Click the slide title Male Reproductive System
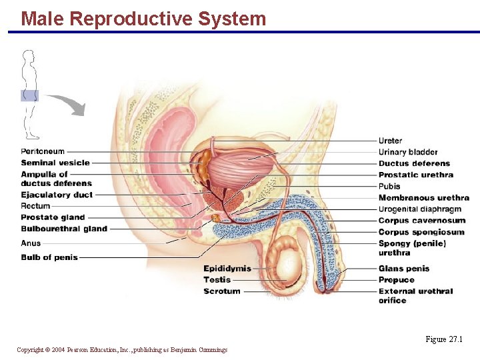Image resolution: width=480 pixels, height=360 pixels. [143, 19]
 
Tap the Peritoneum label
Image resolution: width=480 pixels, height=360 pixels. [43, 151]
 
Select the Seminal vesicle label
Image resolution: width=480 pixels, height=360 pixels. [55, 163]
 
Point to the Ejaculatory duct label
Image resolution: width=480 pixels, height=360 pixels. [57, 195]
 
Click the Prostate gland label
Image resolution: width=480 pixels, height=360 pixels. [53, 217]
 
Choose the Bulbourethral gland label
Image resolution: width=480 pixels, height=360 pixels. [64, 229]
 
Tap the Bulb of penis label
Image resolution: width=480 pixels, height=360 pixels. [49, 257]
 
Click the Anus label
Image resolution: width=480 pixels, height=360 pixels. [31, 243]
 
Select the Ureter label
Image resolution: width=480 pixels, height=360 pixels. [390, 141]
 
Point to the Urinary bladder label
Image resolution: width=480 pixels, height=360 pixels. [408, 152]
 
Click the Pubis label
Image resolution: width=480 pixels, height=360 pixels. [389, 187]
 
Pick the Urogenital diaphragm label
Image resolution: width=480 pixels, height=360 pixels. [419, 209]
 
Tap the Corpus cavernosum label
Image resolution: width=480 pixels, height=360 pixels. [421, 221]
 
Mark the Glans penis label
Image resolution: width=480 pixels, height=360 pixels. [404, 269]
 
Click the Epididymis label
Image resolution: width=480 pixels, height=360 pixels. [227, 269]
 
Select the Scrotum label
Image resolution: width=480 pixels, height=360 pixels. [222, 291]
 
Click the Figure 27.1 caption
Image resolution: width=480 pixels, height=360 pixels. [443, 339]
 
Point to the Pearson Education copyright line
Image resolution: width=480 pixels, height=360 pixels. [122, 350]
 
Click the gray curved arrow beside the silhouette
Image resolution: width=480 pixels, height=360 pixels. [67, 103]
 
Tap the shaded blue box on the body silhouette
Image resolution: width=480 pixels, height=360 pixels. [29, 95]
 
